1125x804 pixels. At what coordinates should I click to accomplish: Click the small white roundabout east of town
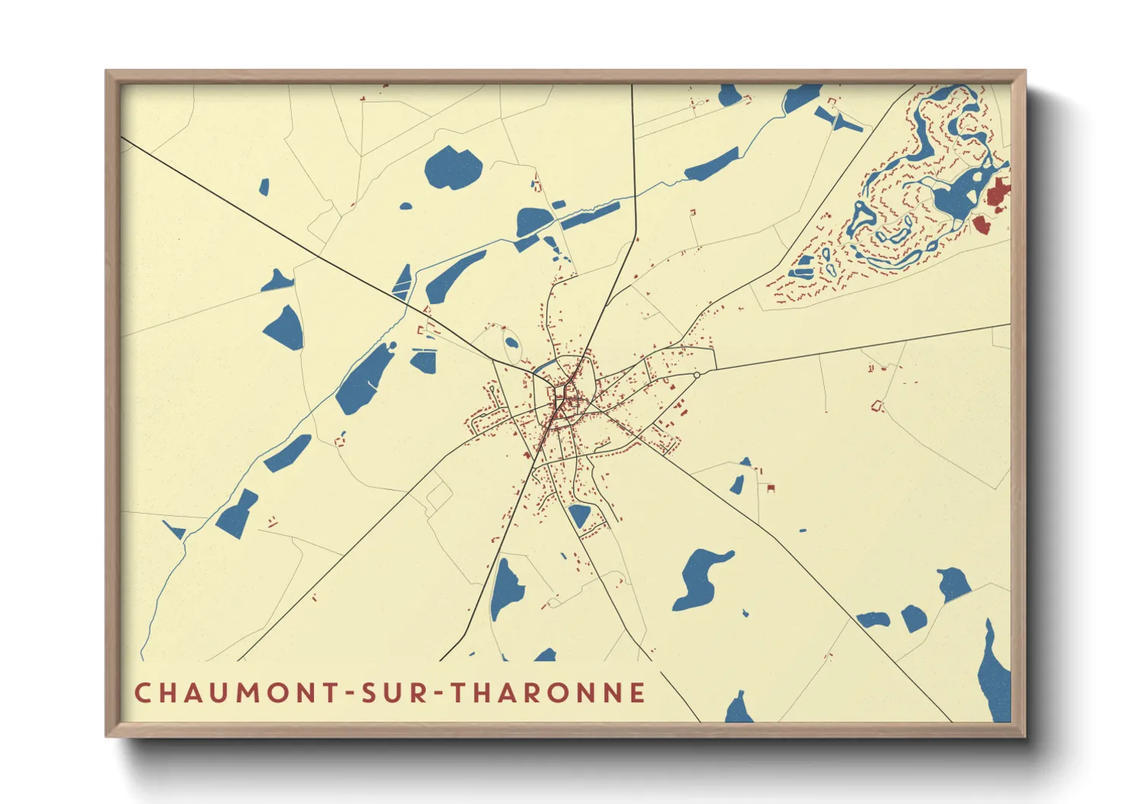(696, 375)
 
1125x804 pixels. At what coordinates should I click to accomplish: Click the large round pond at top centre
(453, 168)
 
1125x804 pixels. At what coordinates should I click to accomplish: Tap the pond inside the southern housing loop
(579, 515)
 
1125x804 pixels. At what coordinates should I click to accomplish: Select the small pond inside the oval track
(512, 343)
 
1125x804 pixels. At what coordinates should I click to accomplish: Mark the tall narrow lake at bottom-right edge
(993, 673)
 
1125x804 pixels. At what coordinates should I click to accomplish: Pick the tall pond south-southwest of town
(505, 589)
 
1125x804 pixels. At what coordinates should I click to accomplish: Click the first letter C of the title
(142, 693)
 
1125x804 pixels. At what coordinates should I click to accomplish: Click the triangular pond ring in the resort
(860, 217)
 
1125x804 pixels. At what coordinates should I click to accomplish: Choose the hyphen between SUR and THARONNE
(440, 694)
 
